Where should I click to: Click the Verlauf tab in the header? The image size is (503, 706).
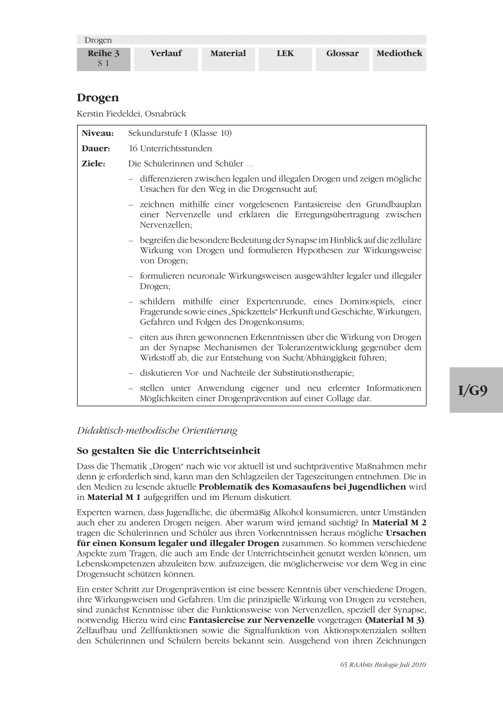[166, 54]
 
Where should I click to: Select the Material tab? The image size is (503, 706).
[228, 54]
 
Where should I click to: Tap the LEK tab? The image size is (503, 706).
[285, 54]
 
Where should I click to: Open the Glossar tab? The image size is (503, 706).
[342, 54]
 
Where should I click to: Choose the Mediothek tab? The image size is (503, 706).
[399, 54]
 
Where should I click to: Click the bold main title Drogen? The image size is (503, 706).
[98, 98]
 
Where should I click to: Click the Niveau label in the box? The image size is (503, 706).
[98, 134]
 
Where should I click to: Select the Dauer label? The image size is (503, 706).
[96, 148]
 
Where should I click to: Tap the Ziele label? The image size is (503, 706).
[94, 163]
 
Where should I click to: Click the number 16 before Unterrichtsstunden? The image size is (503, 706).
[133, 148]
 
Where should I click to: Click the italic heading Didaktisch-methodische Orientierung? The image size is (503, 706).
[157, 430]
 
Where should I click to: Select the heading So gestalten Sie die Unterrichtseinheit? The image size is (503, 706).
[168, 451]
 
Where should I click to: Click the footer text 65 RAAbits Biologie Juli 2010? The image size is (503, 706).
[382, 665]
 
